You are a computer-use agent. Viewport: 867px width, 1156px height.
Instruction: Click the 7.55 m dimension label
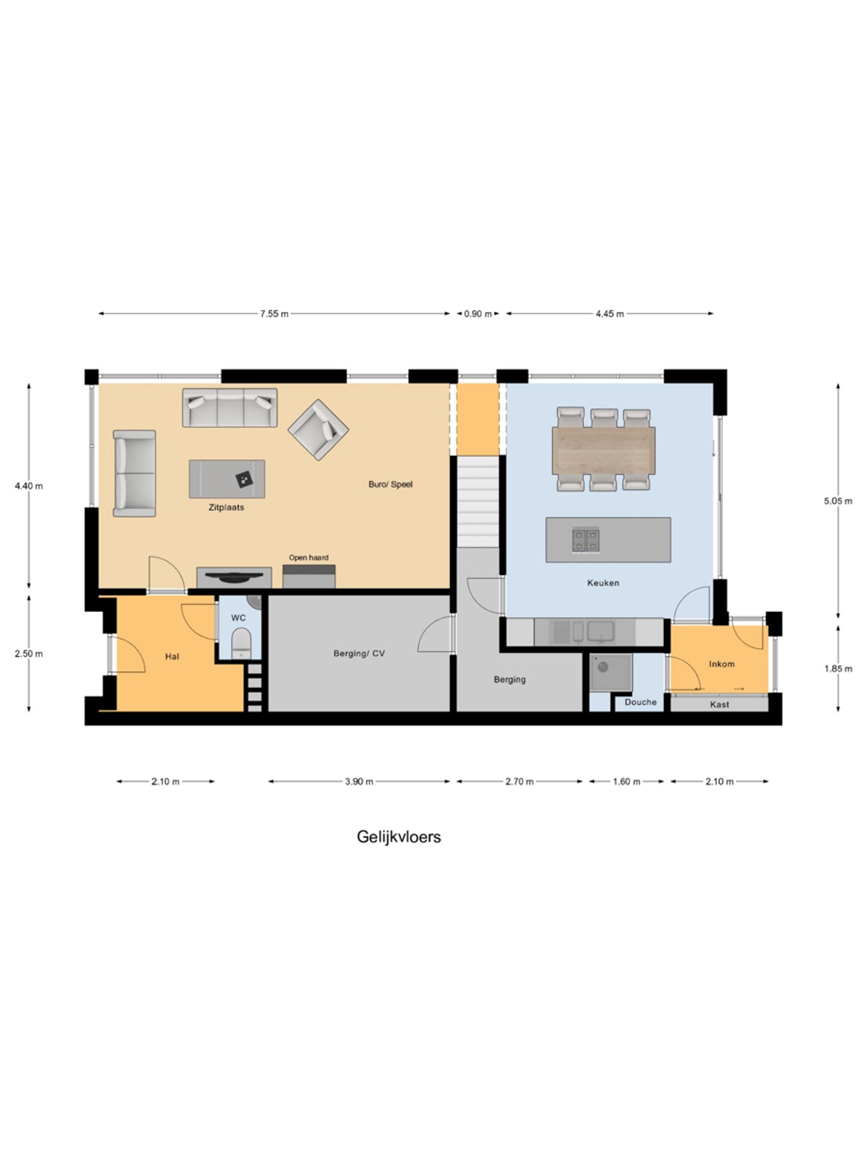pyautogui.click(x=274, y=314)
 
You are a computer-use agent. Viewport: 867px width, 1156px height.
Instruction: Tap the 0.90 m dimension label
pyautogui.click(x=478, y=314)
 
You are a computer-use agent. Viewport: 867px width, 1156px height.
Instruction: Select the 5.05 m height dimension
pyautogui.click(x=837, y=501)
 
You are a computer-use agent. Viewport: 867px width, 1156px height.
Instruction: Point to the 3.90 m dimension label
pyautogui.click(x=359, y=782)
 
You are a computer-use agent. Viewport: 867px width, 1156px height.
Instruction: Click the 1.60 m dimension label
pyautogui.click(x=626, y=782)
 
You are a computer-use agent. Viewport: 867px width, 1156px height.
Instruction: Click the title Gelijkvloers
pyautogui.click(x=399, y=837)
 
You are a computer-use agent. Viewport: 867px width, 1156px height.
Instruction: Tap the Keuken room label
pyautogui.click(x=603, y=583)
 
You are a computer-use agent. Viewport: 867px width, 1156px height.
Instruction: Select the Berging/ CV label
pyautogui.click(x=359, y=654)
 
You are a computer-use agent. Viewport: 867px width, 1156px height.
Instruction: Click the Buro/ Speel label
pyautogui.click(x=391, y=485)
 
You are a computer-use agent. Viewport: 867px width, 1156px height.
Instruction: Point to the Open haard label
pyautogui.click(x=309, y=558)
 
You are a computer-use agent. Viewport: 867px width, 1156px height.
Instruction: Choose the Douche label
pyautogui.click(x=641, y=702)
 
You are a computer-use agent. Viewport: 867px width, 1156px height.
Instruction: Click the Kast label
pyautogui.click(x=720, y=704)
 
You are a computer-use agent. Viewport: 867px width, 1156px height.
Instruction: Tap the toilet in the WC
pyautogui.click(x=242, y=642)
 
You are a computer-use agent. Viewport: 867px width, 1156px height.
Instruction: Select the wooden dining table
pyautogui.click(x=603, y=450)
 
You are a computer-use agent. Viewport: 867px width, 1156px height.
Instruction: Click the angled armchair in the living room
pyautogui.click(x=319, y=430)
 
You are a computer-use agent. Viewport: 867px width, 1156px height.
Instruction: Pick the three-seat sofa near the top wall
pyautogui.click(x=230, y=407)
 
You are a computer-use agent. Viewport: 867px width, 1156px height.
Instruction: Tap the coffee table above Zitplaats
pyautogui.click(x=227, y=479)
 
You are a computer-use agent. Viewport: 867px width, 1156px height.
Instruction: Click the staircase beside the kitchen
pyautogui.click(x=478, y=501)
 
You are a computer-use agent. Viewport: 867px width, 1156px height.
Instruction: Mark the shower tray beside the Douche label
pyautogui.click(x=611, y=673)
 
